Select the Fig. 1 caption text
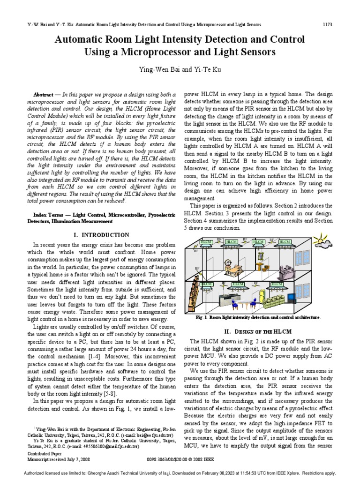(x=258, y=317)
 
